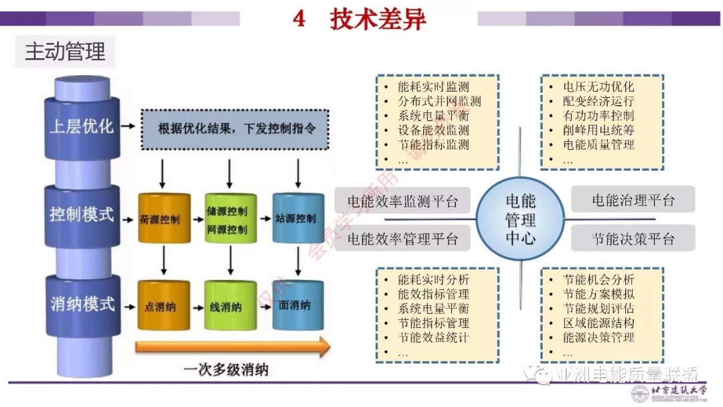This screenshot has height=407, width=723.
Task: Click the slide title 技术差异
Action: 378,19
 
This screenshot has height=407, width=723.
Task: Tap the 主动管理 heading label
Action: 65,52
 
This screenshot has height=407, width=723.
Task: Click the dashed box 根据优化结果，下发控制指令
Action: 236,129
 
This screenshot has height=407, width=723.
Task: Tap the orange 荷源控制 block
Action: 161,218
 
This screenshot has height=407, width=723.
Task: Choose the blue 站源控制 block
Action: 295,218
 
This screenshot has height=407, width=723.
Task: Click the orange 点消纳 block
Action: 161,306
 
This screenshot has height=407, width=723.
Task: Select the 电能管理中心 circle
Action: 519,219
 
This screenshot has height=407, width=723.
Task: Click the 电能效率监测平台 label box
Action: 402,201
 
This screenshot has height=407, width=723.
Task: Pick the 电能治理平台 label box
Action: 633,199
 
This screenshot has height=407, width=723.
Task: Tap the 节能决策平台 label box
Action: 633,238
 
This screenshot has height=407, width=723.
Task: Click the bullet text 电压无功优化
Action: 598,87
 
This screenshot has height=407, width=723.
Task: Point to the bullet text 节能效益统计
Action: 433,337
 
